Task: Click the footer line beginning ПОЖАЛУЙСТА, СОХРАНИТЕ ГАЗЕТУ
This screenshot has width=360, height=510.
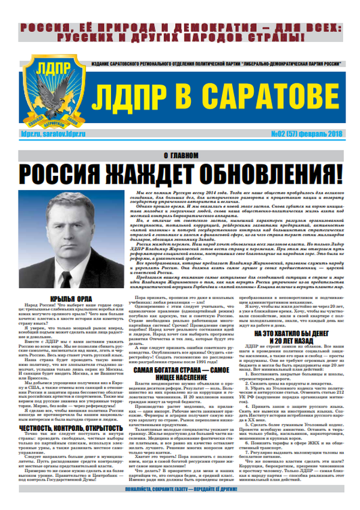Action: (x=180, y=504)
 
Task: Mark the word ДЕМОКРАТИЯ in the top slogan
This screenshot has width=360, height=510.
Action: (x=191, y=27)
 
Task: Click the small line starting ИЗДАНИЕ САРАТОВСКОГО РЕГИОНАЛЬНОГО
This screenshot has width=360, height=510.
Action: (x=210, y=64)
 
